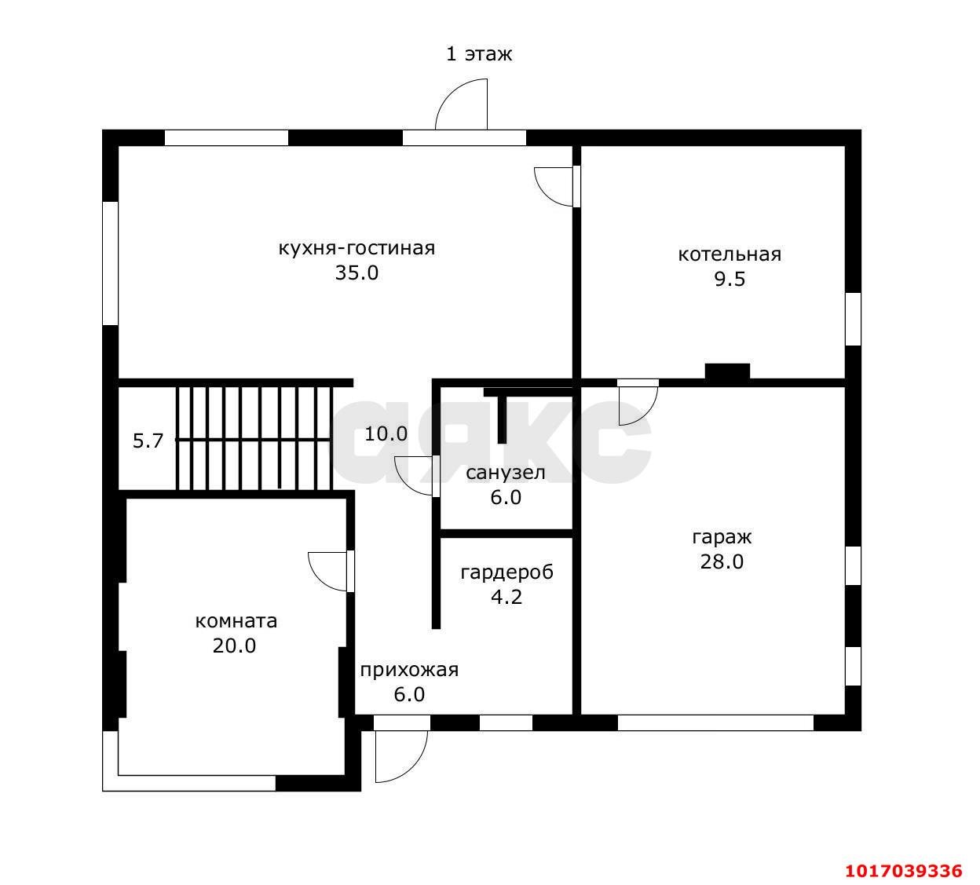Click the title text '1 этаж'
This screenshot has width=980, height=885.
[479, 54]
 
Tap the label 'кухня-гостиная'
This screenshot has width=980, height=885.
[357, 248]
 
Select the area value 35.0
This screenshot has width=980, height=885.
[357, 273]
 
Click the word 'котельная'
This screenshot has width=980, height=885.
[730, 254]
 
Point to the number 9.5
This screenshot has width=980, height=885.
[730, 280]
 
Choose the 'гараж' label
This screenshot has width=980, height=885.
[722, 538]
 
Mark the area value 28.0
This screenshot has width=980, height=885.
[722, 562]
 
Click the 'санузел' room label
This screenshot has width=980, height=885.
[506, 473]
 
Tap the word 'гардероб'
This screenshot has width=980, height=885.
[506, 572]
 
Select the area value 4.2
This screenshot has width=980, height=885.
[506, 597]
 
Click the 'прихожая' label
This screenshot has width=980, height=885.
[409, 670]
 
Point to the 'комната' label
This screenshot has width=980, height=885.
[236, 622]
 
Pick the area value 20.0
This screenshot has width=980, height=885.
[234, 646]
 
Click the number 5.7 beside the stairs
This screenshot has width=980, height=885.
[148, 441]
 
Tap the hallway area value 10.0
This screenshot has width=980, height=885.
[386, 434]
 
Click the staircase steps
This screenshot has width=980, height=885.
[254, 439]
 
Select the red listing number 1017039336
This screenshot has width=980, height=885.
[904, 871]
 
